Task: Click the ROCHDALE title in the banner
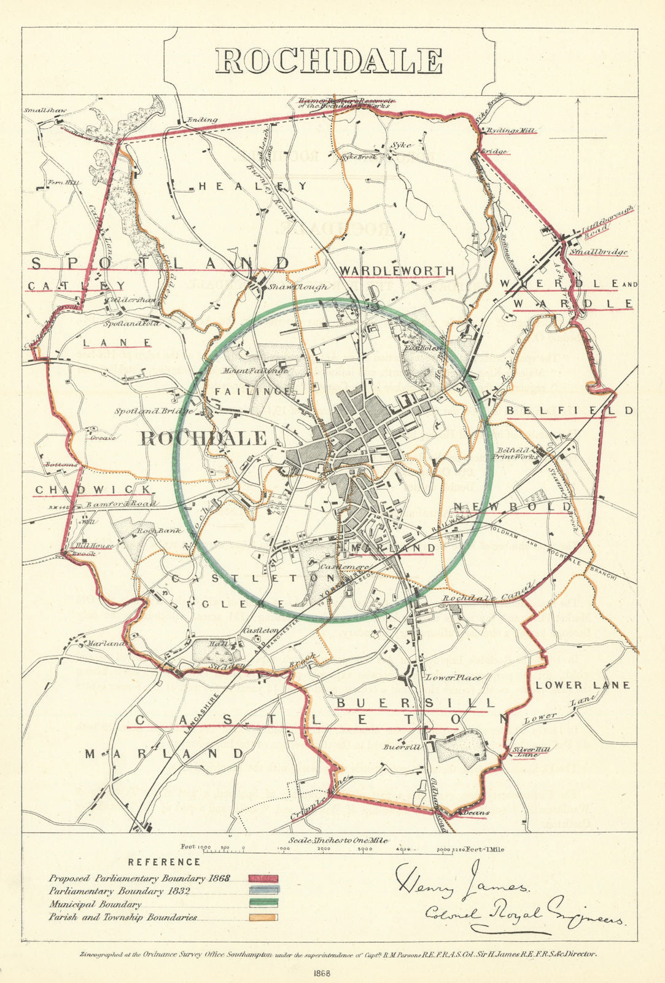(329, 61)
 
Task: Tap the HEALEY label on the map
(252, 186)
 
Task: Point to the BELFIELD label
(568, 410)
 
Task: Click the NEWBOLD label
(512, 506)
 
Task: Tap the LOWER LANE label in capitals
(582, 684)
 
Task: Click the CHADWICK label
(92, 490)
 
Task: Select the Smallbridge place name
(598, 252)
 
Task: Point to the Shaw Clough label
(292, 287)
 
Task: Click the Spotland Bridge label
(153, 410)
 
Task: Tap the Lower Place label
(453, 678)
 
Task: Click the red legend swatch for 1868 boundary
(263, 879)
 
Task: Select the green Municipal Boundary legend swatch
(263, 902)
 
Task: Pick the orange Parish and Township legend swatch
(263, 917)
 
